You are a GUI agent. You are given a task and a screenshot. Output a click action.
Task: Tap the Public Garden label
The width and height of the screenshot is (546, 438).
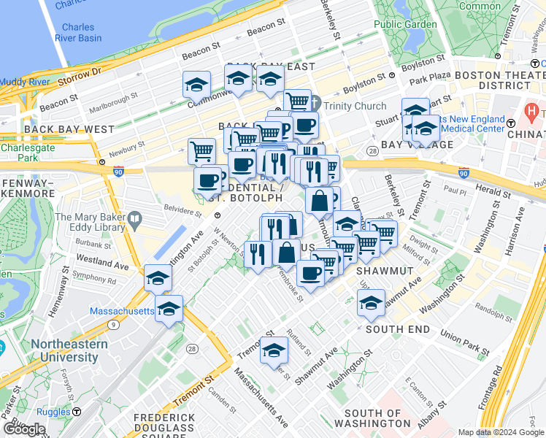(405, 24)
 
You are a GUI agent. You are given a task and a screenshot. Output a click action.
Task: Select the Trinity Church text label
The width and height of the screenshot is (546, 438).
(355, 107)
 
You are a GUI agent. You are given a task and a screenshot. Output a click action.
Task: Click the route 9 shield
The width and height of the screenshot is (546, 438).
(114, 324)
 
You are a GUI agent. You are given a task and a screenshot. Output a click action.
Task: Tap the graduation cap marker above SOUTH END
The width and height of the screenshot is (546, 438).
(371, 303)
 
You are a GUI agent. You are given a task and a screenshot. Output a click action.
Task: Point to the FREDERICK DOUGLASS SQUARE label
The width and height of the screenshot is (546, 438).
(164, 423)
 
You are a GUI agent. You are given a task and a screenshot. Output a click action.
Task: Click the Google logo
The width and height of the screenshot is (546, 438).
(25, 429)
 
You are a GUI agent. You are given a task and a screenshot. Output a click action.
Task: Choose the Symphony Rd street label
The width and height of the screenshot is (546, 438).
(94, 278)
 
